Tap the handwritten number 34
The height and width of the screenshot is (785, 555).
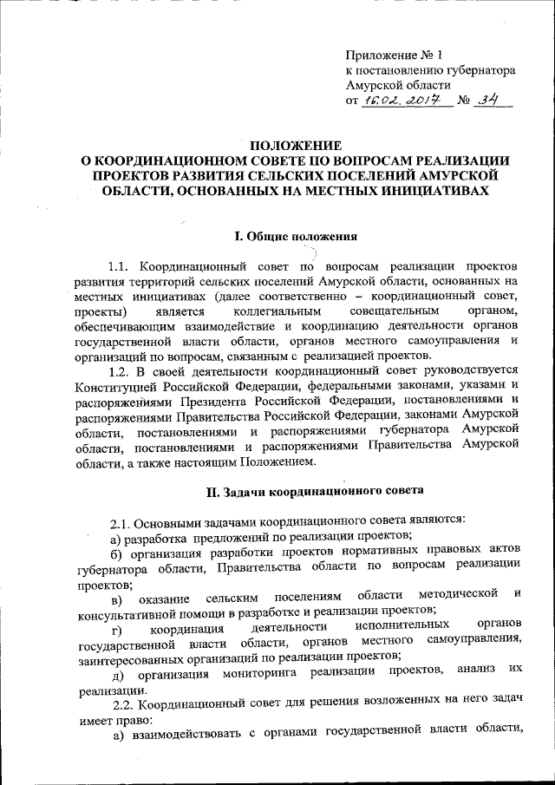[495, 101]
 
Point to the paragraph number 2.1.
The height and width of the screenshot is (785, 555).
[120, 520]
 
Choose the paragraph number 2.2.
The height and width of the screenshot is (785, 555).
[120, 704]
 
